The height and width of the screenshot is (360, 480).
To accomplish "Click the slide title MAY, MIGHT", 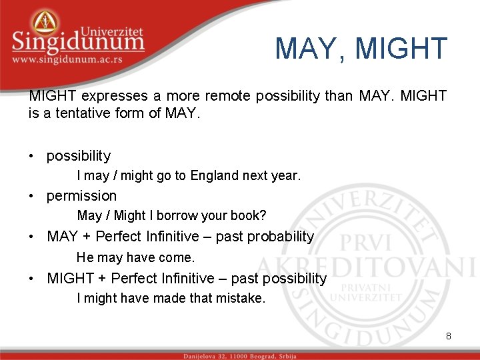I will point(361,48).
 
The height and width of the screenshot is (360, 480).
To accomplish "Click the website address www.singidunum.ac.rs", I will point(76,59).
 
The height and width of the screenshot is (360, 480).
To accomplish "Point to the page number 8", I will point(449,336).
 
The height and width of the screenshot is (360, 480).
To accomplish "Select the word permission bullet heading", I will point(81,196).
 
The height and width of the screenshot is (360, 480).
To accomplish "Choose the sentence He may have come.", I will point(135,257).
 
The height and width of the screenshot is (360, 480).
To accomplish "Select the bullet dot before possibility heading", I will point(32,157).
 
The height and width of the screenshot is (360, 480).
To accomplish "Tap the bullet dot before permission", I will point(32,197).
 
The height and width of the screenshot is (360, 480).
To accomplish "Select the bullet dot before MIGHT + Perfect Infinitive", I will point(32,279).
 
